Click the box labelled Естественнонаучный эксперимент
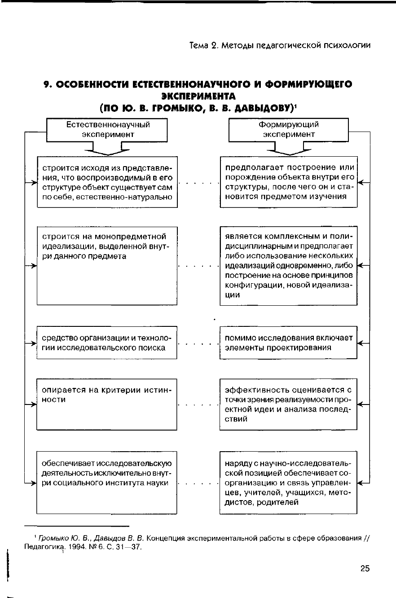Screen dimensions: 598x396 pyautogui.click(x=107, y=129)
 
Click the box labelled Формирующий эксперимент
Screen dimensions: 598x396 pyautogui.click(x=289, y=129)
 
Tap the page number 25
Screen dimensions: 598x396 pyautogui.click(x=365, y=569)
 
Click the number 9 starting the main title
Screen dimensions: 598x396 pyautogui.click(x=46, y=85)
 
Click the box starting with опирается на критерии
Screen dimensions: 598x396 pyautogui.click(x=107, y=404)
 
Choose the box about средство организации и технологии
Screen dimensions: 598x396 pyautogui.click(x=107, y=343)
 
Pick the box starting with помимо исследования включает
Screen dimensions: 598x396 pyautogui.click(x=288, y=343)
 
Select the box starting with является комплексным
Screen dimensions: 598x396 pyautogui.click(x=288, y=266)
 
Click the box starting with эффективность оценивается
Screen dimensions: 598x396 pyautogui.click(x=288, y=404)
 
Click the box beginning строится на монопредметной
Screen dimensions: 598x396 pyautogui.click(x=107, y=266)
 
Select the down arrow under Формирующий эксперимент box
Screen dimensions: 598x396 pyautogui.click(x=289, y=149)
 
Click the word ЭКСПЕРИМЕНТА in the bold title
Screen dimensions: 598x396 pyautogui.click(x=198, y=97)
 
